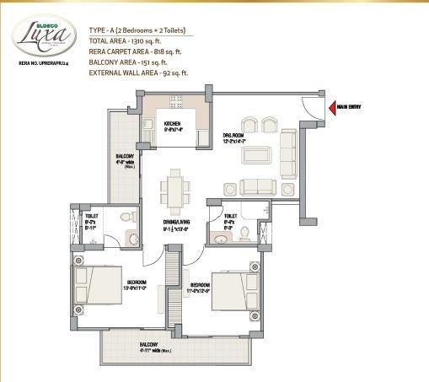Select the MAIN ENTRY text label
350,107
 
